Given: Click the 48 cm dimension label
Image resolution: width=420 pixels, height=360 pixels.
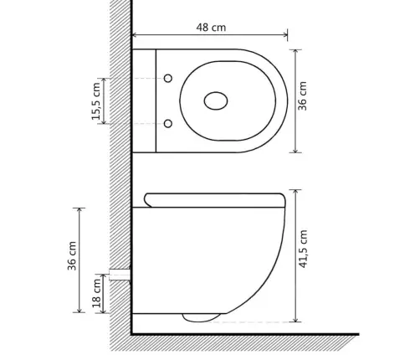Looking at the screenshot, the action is (x=211, y=28).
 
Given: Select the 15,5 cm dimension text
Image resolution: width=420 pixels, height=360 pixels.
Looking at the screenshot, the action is (x=96, y=101).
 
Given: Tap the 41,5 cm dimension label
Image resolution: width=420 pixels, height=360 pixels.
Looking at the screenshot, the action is (x=303, y=249).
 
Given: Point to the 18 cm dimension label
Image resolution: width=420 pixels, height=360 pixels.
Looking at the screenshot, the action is (x=96, y=293).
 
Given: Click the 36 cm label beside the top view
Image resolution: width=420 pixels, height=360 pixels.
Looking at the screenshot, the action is (x=302, y=96).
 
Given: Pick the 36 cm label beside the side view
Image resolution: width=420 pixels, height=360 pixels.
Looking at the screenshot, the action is (x=72, y=255).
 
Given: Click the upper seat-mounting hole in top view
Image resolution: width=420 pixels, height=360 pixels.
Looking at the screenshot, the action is (x=168, y=79).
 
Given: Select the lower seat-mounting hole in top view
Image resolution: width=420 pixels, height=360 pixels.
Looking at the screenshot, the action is (x=168, y=123).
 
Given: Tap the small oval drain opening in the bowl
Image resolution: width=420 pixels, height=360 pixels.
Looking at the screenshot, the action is (x=216, y=100).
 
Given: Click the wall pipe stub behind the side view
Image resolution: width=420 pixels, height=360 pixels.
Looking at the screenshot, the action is (x=120, y=275).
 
